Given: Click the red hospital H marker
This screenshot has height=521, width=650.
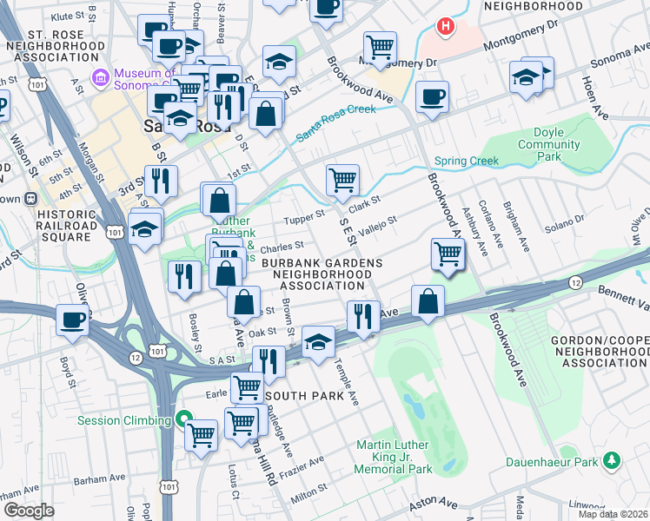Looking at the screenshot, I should click(x=446, y=27).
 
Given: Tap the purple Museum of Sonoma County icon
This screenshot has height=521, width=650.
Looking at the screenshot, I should click(x=101, y=78).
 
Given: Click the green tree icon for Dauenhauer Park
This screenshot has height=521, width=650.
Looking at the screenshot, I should click(x=612, y=458).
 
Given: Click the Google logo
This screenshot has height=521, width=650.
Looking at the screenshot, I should click(x=29, y=511).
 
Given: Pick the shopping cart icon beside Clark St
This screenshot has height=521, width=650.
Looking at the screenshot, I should click(x=343, y=180).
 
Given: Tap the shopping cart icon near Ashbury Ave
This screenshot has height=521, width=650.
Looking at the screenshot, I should click(x=448, y=254).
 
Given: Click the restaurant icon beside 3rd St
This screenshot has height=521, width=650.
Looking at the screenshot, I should click(x=161, y=181).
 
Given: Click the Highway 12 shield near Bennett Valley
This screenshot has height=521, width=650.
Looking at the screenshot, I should click(x=575, y=283).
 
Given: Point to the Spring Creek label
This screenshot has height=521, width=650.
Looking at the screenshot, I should click(x=467, y=161).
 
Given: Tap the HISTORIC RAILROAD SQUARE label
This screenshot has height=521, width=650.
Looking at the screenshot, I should click(x=59, y=226).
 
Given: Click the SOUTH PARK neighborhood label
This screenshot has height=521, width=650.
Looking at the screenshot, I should click(x=299, y=395).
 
